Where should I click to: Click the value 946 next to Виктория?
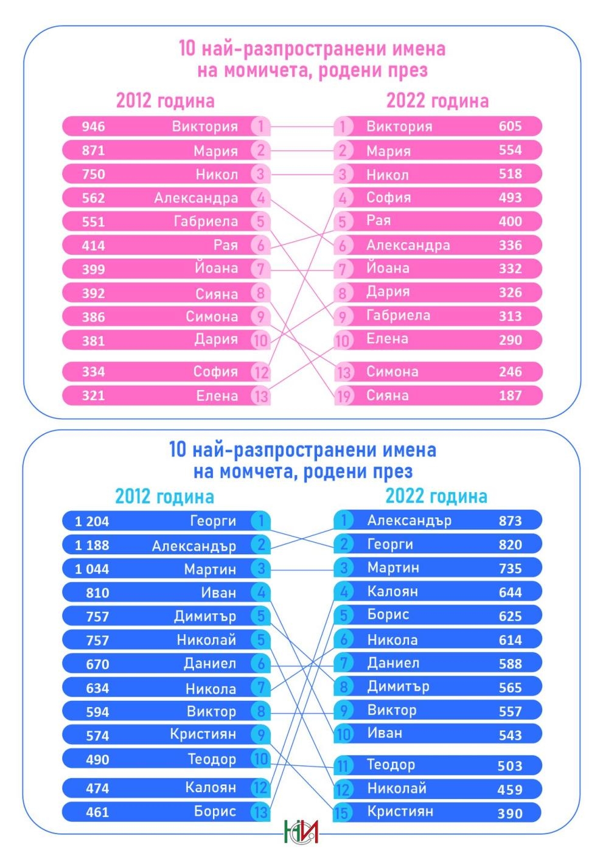point(93,127)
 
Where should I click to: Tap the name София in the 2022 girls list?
point(388,198)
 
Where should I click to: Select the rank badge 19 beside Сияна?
point(343,396)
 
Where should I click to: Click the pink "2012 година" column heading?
point(165,100)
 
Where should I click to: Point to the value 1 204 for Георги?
point(92,521)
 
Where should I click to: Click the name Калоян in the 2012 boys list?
point(211,787)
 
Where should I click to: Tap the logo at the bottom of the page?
point(301,831)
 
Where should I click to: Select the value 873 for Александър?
point(510,521)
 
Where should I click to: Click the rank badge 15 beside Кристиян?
point(343,813)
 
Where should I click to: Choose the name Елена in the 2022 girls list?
point(387,339)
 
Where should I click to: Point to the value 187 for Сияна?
point(510,396)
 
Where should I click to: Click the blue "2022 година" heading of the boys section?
point(436,496)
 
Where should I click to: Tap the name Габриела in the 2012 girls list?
point(206,221)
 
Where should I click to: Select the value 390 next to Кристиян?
point(510,813)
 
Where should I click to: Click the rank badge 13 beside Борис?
point(260,812)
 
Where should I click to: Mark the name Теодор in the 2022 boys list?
point(391,765)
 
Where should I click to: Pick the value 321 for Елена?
point(93,396)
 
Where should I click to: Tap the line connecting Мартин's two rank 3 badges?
point(301,569)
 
